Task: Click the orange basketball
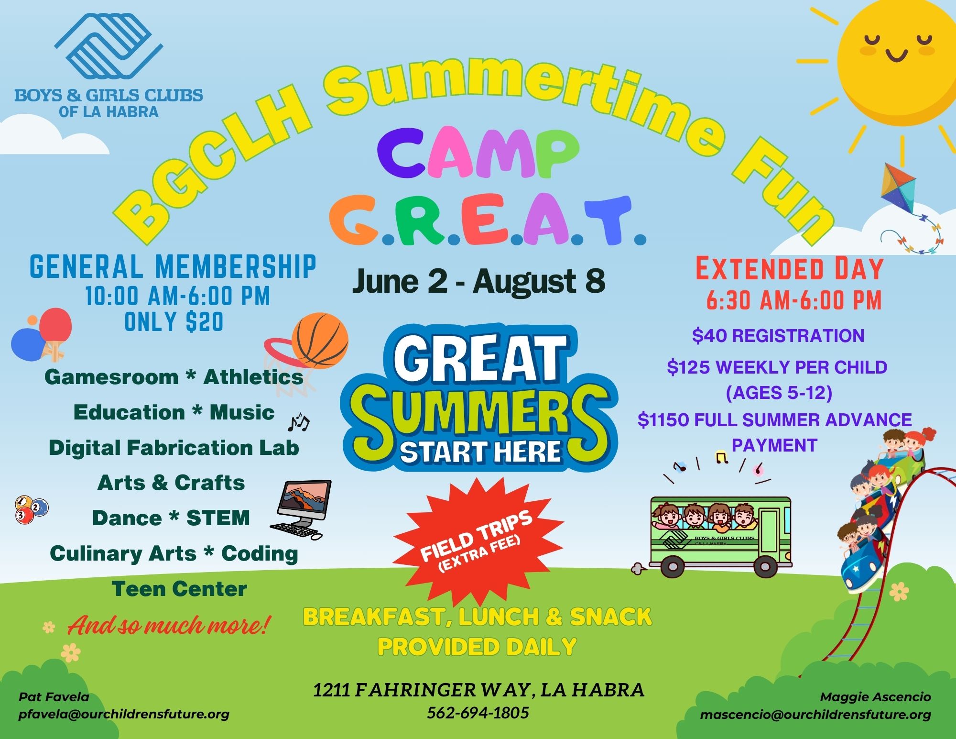tap(320, 341)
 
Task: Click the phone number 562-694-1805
tap(478, 713)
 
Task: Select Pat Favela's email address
tap(124, 714)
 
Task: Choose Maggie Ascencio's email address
tap(815, 715)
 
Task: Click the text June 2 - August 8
tap(478, 282)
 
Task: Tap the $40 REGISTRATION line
tap(778, 335)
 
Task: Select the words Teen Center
tap(179, 588)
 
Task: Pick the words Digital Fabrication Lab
tap(174, 448)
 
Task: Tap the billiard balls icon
tap(32, 510)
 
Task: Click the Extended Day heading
tap(789, 269)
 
